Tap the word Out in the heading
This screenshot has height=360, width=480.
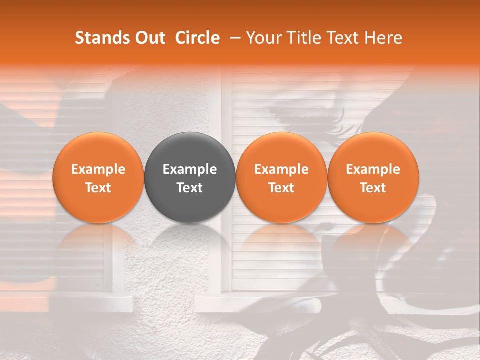148,38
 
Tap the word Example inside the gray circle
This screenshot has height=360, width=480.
190,169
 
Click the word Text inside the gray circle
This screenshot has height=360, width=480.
190,188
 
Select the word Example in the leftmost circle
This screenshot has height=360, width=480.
98,169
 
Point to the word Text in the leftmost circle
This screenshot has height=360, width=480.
98,188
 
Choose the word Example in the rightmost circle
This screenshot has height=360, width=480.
373,169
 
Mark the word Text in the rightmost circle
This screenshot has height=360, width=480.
373,188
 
